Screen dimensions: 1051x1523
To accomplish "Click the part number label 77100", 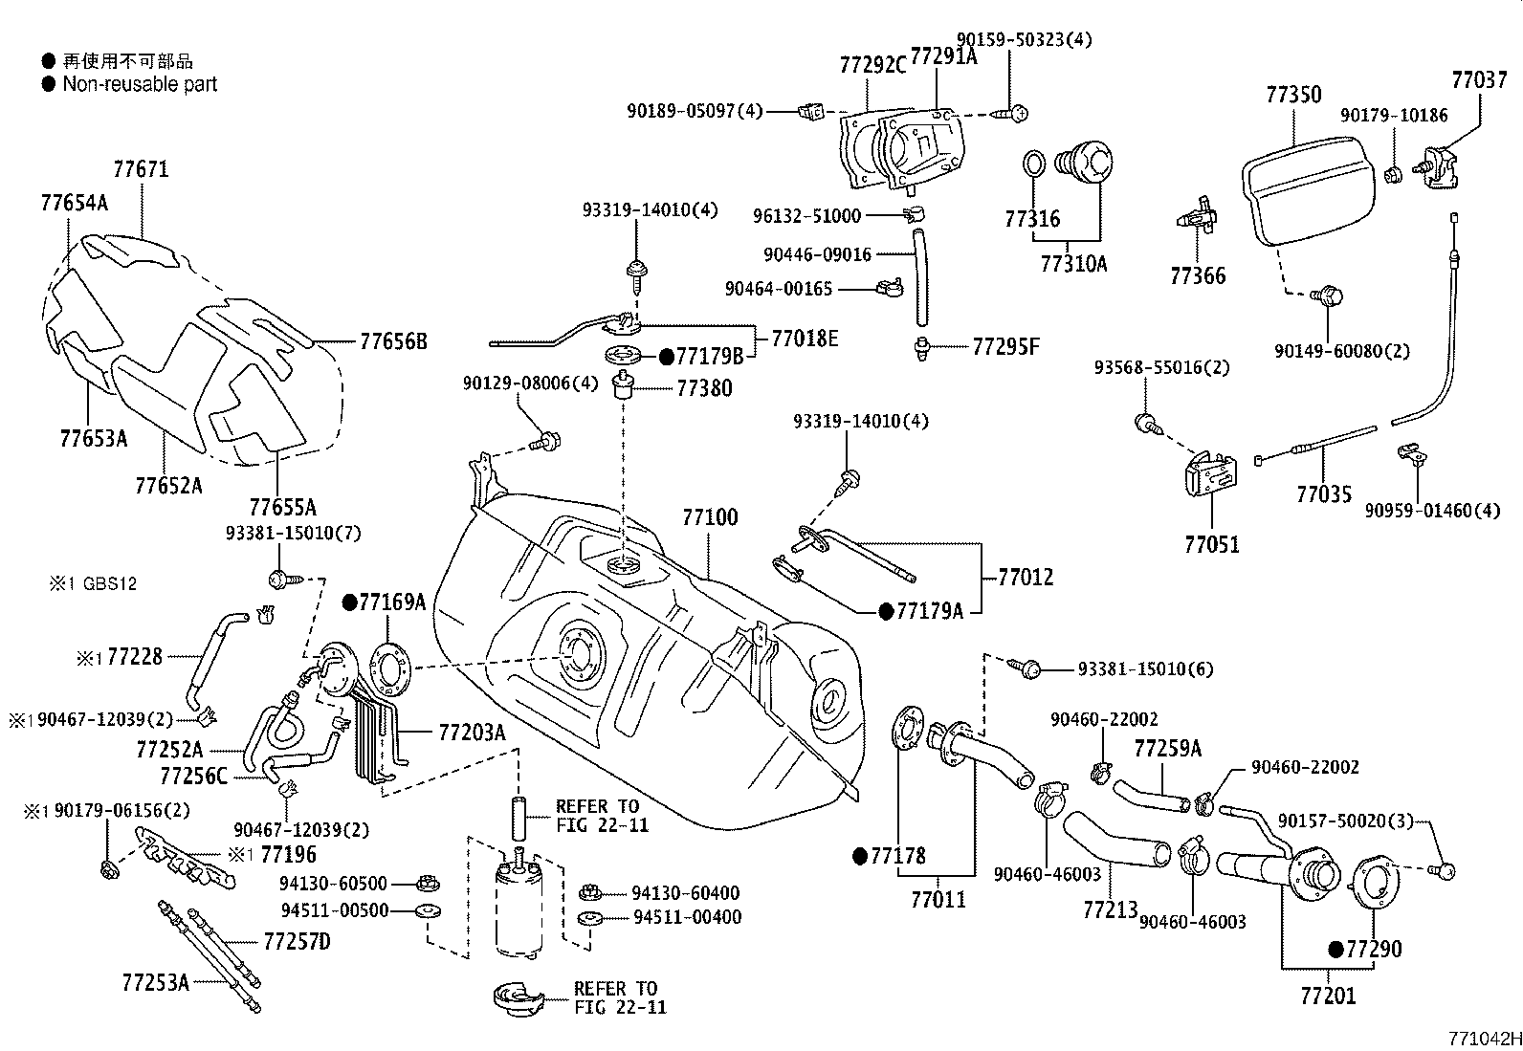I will tap(710, 518).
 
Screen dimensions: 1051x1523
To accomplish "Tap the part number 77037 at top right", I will tap(1478, 80).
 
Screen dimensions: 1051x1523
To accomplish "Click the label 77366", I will tap(1198, 276).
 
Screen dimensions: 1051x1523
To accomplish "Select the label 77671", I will tap(141, 170).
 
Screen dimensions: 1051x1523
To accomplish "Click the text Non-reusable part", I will tap(140, 84).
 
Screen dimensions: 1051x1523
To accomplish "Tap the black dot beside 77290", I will tap(1335, 950).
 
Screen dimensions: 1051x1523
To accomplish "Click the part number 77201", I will tap(1328, 996).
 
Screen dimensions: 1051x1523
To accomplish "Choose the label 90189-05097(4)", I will tap(695, 112).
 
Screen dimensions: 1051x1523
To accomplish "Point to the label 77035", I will tap(1324, 494).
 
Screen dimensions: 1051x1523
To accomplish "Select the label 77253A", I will tap(155, 981).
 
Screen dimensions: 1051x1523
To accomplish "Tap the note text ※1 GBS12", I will tap(93, 583).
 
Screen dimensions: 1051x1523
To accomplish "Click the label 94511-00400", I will tap(687, 918).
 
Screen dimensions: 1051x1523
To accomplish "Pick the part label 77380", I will tap(705, 388).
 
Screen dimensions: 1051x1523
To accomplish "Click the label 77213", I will tap(1110, 909).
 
